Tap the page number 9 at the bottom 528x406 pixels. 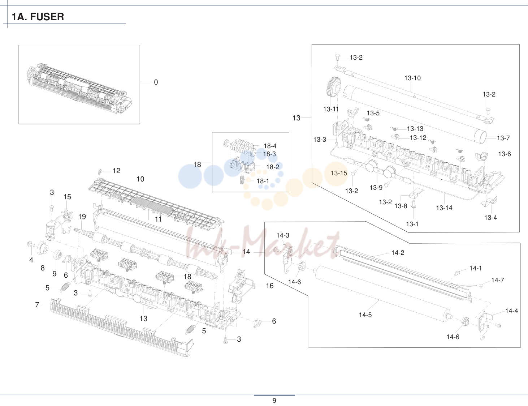pyautogui.click(x=274, y=401)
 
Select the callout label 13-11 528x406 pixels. pyautogui.click(x=331, y=109)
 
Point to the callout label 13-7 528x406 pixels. pyautogui.click(x=503, y=138)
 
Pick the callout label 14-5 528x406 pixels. pyautogui.click(x=365, y=315)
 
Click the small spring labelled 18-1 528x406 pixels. pyautogui.click(x=242, y=180)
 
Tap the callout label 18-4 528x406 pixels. pyautogui.click(x=270, y=146)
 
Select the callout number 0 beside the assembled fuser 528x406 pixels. pyautogui.click(x=156, y=82)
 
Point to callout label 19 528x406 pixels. pyautogui.click(x=82, y=217)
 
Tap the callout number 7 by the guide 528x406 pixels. pyautogui.click(x=37, y=305)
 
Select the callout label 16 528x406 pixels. pyautogui.click(x=270, y=286)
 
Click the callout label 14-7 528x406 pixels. pyautogui.click(x=497, y=280)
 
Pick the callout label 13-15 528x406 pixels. pyautogui.click(x=339, y=173)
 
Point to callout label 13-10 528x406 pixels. pyautogui.click(x=412, y=78)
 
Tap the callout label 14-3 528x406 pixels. pyautogui.click(x=283, y=235)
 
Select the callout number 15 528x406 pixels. pyautogui.click(x=67, y=197)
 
